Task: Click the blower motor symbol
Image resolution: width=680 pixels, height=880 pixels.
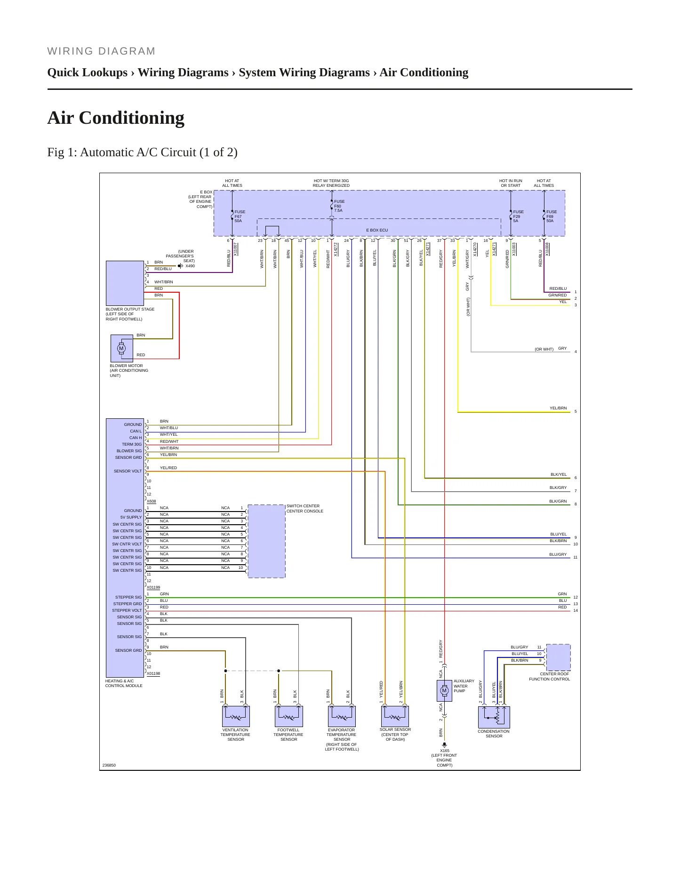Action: (121, 348)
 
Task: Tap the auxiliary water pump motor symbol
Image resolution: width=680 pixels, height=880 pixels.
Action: (444, 691)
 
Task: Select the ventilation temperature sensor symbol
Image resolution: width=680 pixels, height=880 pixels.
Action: (236, 716)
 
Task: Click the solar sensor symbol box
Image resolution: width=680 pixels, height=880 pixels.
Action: (395, 716)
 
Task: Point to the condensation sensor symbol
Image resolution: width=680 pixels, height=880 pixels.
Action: (494, 717)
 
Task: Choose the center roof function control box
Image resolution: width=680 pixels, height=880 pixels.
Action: (558, 657)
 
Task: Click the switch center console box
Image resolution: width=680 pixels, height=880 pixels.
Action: (266, 541)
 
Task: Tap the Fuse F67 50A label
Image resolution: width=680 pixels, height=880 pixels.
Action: (240, 216)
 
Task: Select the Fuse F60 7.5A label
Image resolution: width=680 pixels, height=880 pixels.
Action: (339, 206)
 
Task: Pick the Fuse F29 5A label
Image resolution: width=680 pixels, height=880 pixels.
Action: (518, 216)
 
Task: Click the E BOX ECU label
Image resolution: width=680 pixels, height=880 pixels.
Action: (377, 230)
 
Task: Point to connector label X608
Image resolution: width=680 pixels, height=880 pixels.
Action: (152, 501)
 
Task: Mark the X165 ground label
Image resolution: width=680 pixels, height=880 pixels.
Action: (445, 751)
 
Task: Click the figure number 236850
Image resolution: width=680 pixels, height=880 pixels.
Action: (109, 765)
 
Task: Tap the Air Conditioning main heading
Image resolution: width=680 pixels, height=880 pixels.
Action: (116, 118)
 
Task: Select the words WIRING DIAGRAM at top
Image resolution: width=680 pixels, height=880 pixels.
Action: (101, 51)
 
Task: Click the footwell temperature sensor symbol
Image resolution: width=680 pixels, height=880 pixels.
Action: (289, 716)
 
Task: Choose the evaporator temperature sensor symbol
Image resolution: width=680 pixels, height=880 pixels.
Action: (342, 716)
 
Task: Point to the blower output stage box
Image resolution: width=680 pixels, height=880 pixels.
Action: (125, 283)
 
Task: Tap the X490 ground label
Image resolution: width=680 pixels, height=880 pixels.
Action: (190, 266)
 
